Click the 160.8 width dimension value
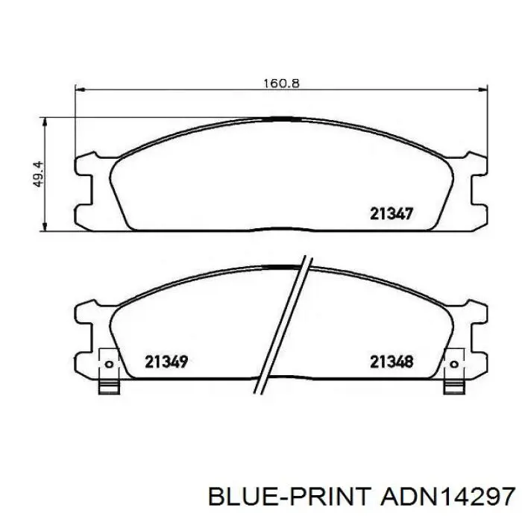pyautogui.click(x=281, y=83)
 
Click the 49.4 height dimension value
pyautogui.click(x=39, y=174)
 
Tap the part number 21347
pyautogui.click(x=391, y=213)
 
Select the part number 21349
pyautogui.click(x=166, y=362)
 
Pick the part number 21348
pyautogui.click(x=391, y=362)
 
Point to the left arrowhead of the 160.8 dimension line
pyautogui.click(x=81, y=89)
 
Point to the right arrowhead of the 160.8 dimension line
pyautogui.click(x=482, y=89)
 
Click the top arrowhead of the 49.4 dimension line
pyautogui.click(x=44, y=122)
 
